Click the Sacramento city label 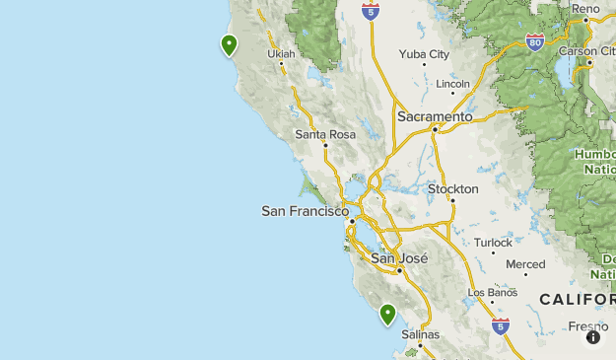(435, 116)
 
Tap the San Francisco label (305, 211)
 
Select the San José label (399, 258)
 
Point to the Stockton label (452, 188)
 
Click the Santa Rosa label (324, 134)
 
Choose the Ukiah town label (281, 53)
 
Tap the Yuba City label (424, 54)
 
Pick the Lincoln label (453, 84)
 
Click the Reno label (585, 8)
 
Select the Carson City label (591, 50)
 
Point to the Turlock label (493, 243)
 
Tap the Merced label (524, 264)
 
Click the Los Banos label (492, 293)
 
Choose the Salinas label (420, 334)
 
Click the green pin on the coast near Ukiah (229, 44)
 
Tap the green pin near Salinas (388, 314)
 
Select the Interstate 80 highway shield (535, 42)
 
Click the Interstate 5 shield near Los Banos (501, 324)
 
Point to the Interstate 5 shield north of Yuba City (370, 12)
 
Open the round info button (593, 337)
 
